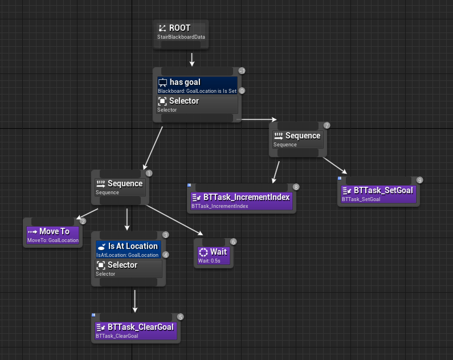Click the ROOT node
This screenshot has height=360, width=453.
click(x=181, y=32)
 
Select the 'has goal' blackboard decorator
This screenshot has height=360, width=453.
click(x=197, y=85)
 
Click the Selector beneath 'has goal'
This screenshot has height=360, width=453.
click(x=197, y=104)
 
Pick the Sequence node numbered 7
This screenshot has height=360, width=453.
click(x=298, y=140)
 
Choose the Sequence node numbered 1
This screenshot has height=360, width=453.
click(x=120, y=187)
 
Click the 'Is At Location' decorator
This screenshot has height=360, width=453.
click(x=128, y=249)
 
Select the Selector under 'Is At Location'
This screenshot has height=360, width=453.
click(x=128, y=268)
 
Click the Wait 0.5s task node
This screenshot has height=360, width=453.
click(x=213, y=255)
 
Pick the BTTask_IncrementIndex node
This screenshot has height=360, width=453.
click(x=241, y=201)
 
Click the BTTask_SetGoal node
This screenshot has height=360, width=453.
click(x=378, y=194)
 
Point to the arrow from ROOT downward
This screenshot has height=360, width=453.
click(x=192, y=59)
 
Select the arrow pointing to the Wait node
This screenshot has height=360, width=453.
click(x=177, y=219)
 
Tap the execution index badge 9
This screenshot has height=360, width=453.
click(x=419, y=180)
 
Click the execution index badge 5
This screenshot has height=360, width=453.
click(x=181, y=317)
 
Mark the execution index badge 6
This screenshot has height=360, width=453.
click(x=233, y=242)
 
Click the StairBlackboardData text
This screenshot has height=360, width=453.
click(x=181, y=38)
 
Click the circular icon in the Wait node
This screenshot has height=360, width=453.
click(x=203, y=252)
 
